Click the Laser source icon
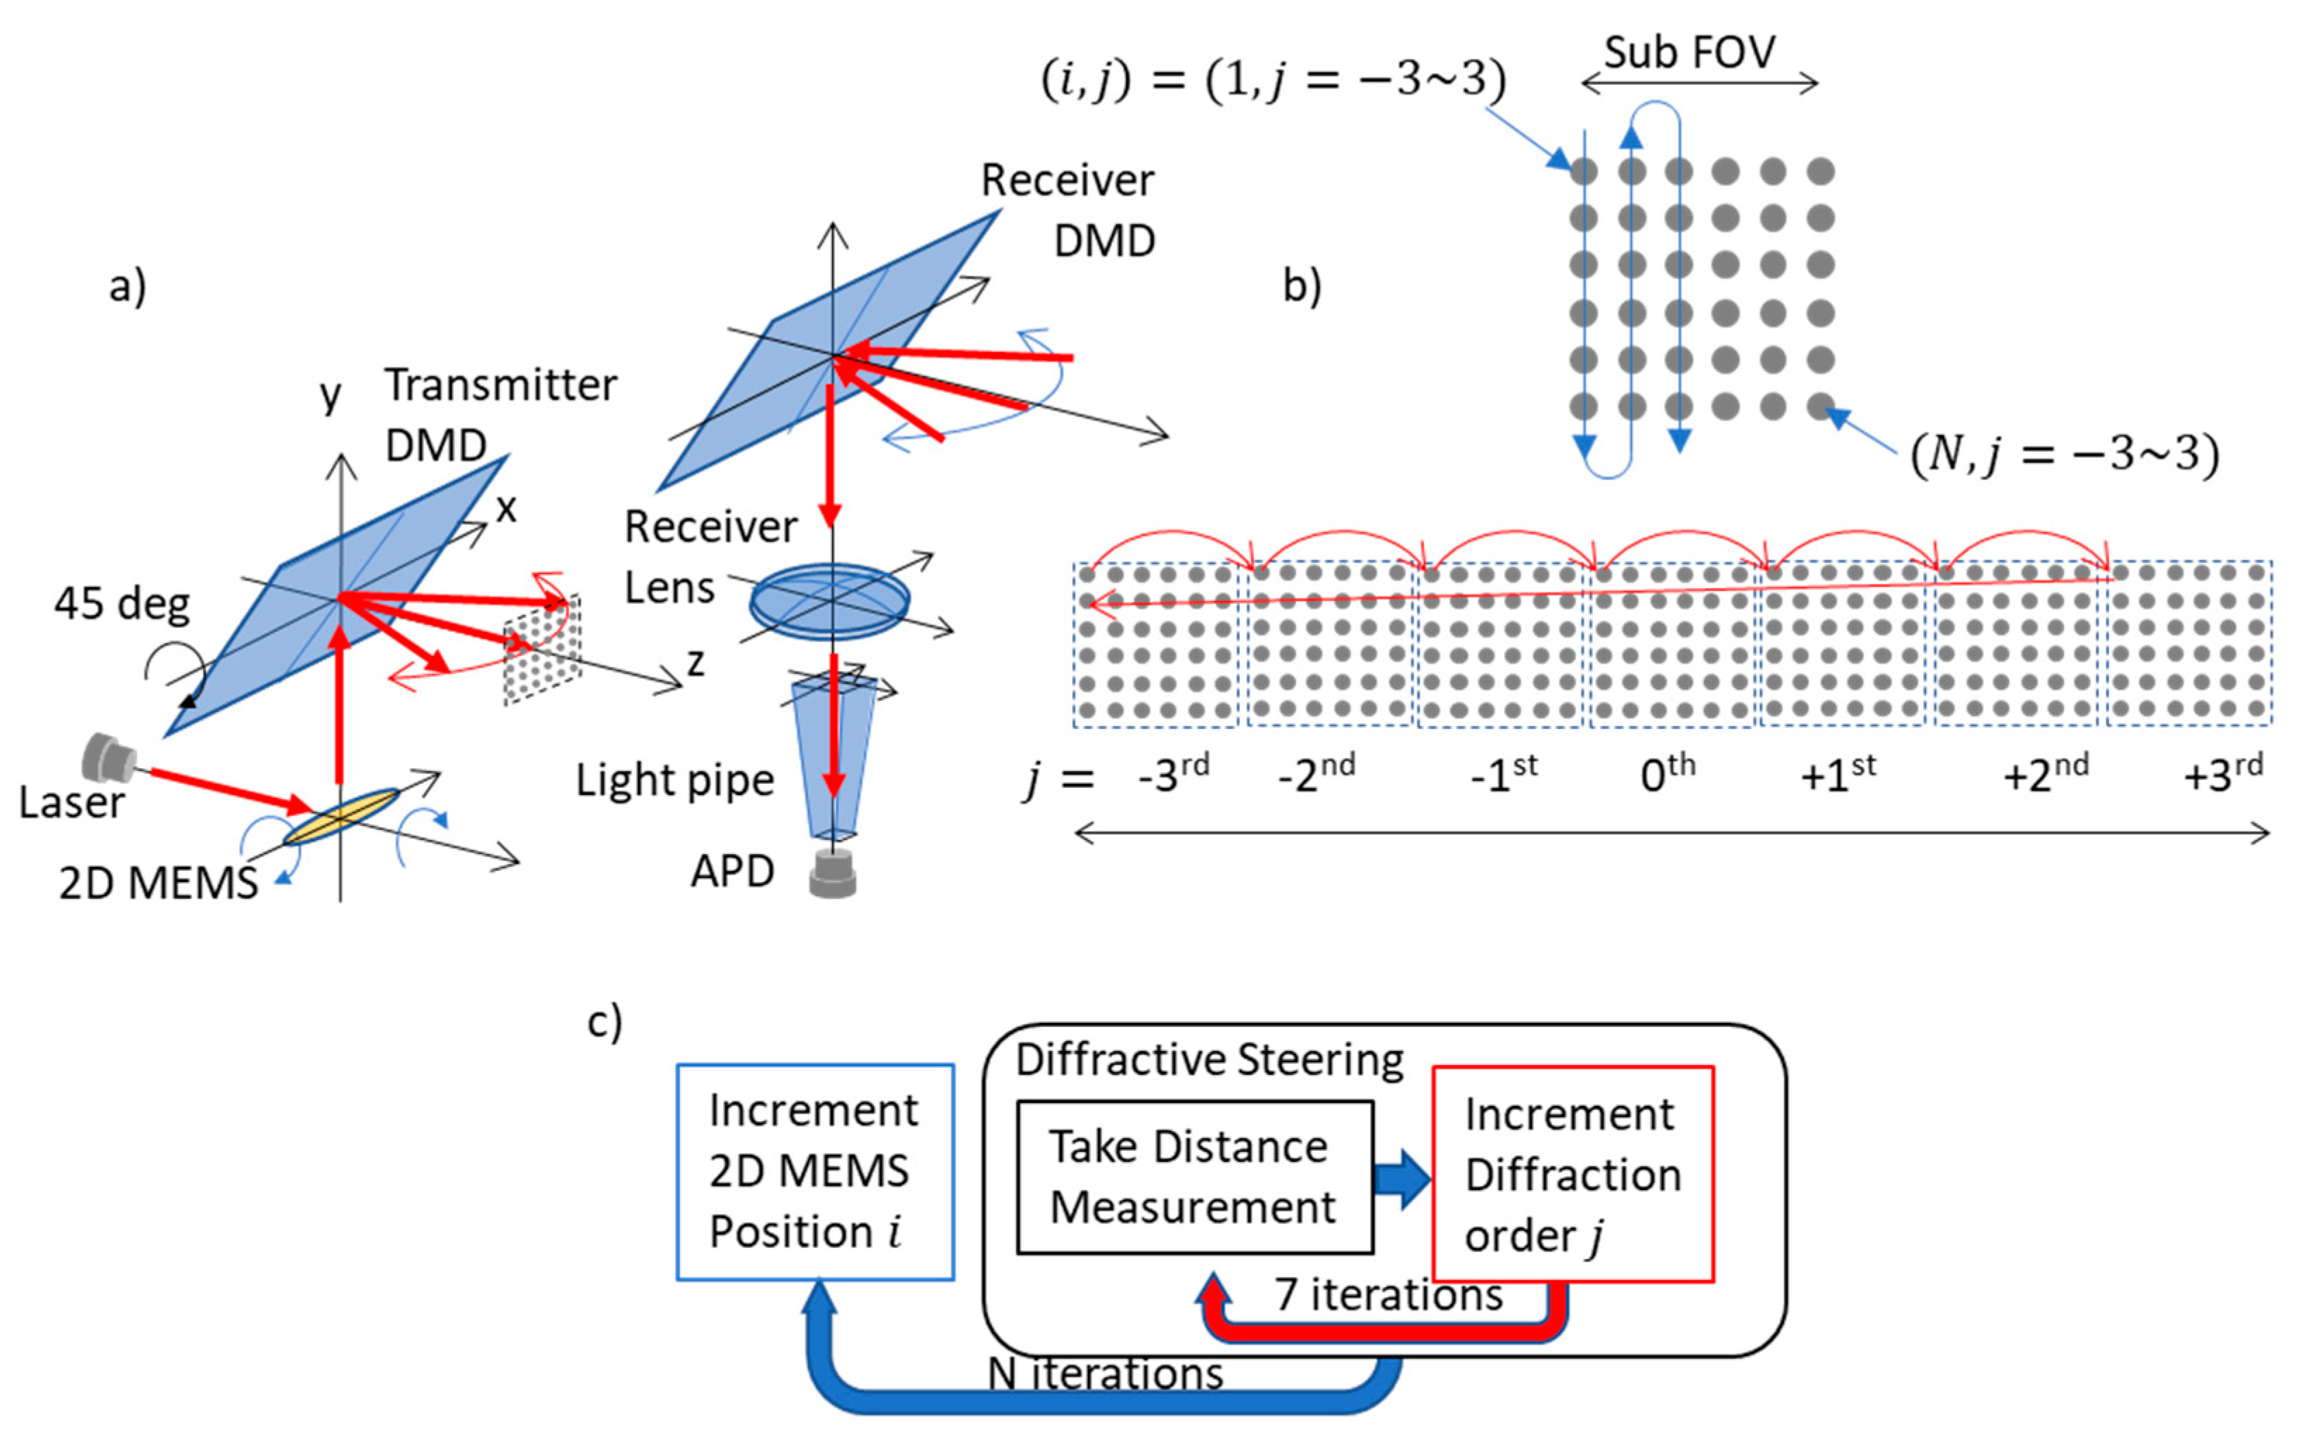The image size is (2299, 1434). pos(106,757)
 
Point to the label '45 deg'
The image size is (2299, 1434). pos(122,604)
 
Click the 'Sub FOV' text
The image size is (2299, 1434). pos(1689,52)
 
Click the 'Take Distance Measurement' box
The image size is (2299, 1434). pos(1193,1177)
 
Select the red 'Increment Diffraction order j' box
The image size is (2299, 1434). pos(1573,1174)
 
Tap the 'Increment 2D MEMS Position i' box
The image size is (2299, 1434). pos(814,1173)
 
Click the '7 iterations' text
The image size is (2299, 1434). pos(1388,1296)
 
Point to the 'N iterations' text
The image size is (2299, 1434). pos(1106,1374)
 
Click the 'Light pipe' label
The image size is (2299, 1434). pos(674,780)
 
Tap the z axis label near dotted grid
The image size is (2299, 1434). pos(696,662)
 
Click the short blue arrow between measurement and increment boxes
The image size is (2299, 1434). pos(1402,1180)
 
